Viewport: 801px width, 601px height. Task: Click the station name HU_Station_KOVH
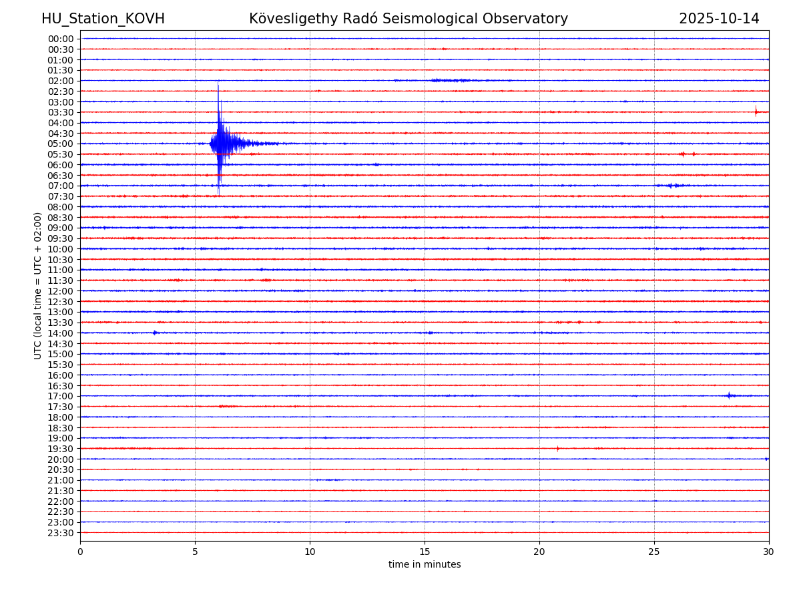tap(103, 19)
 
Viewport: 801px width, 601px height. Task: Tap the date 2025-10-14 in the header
tap(719, 19)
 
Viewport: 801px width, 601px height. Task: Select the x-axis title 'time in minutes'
tap(425, 564)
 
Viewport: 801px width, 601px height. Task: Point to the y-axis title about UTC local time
tap(38, 285)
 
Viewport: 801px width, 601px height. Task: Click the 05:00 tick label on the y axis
tap(61, 144)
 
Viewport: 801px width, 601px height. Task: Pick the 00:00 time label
tap(61, 39)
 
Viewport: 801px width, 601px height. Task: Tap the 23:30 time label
tap(61, 533)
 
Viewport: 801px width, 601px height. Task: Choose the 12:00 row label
tap(61, 291)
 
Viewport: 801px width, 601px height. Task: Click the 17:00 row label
tap(61, 396)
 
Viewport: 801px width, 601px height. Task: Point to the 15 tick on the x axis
tap(425, 552)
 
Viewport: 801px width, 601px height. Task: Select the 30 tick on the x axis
tap(769, 552)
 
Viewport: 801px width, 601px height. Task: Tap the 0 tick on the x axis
tap(80, 552)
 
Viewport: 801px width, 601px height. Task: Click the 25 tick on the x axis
tap(654, 552)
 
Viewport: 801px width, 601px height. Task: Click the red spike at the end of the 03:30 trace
tap(756, 112)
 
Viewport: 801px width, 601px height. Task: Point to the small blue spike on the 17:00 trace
tap(729, 395)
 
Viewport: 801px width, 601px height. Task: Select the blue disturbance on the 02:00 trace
tap(451, 80)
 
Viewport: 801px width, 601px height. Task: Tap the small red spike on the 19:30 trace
tap(557, 448)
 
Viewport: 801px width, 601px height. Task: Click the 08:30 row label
tap(61, 218)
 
